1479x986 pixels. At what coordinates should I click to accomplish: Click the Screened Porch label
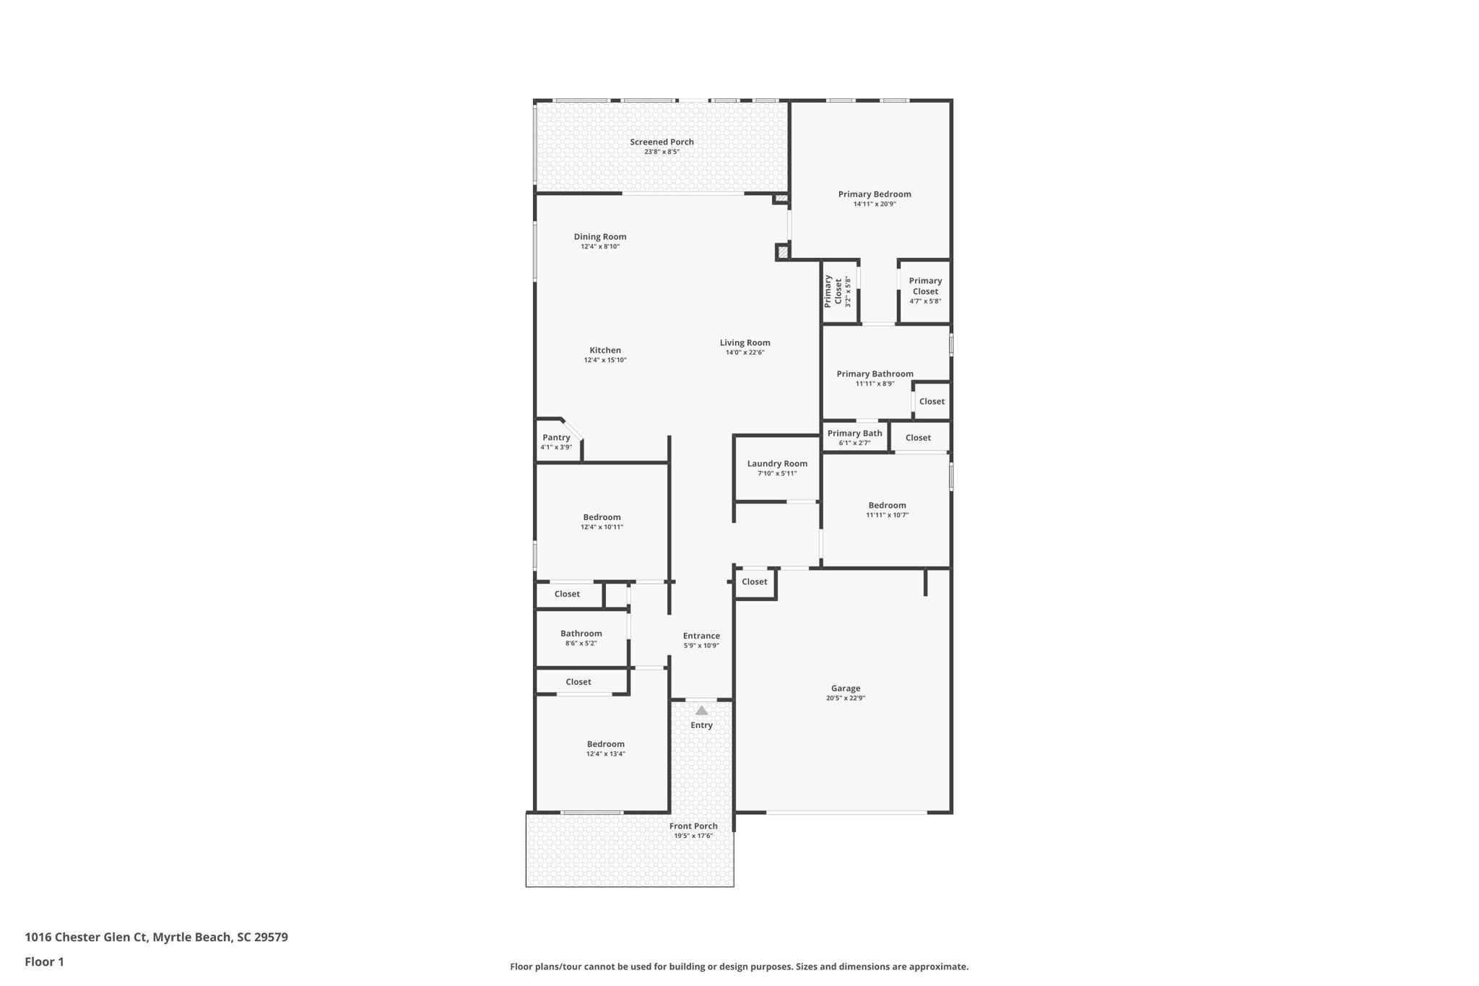[662, 142]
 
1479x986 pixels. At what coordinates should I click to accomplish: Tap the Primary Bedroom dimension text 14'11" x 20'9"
[875, 204]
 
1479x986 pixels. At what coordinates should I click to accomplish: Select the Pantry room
[556, 441]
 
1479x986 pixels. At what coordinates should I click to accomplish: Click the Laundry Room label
[777, 464]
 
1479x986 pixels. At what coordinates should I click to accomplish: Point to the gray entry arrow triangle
[701, 711]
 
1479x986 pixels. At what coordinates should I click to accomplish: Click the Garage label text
[845, 688]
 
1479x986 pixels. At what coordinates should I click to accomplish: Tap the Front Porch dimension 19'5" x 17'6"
[693, 836]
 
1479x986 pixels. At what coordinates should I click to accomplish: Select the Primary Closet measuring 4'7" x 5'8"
[925, 290]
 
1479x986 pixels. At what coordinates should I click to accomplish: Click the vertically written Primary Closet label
[833, 291]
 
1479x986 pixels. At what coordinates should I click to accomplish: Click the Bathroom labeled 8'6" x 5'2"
[581, 638]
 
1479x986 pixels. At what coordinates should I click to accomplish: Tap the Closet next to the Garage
[754, 582]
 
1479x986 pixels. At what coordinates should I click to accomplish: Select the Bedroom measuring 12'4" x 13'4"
[605, 748]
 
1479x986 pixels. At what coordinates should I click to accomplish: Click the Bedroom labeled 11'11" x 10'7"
[887, 510]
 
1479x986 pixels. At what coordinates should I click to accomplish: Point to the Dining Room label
[600, 237]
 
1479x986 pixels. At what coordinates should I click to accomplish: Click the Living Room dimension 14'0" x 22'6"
[745, 353]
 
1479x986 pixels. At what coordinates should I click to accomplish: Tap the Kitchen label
[605, 350]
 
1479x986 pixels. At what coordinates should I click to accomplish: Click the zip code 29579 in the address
[271, 938]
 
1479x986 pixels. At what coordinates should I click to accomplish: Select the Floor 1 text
[44, 962]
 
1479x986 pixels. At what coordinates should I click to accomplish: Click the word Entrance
[701, 636]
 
